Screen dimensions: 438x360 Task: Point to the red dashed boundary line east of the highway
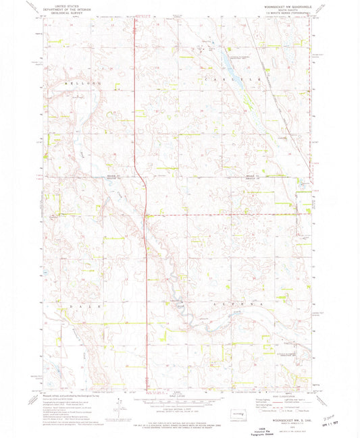[223, 215]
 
